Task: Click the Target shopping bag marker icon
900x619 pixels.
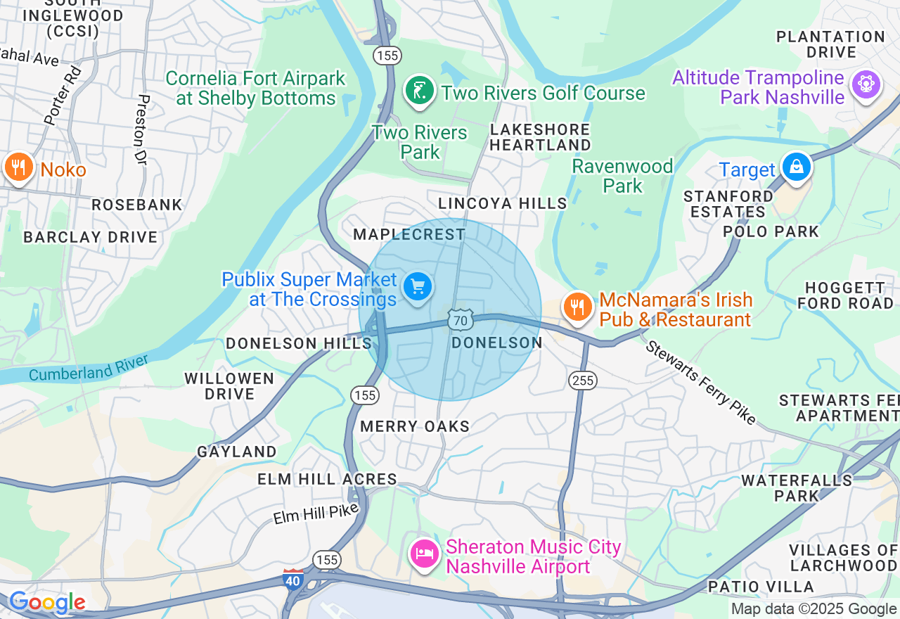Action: coord(796,167)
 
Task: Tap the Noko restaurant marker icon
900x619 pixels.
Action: coord(18,168)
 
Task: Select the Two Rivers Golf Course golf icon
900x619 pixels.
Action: coord(420,91)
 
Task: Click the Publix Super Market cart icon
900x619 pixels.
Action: coord(418,287)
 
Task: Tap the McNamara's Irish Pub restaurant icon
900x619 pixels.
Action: coord(577,307)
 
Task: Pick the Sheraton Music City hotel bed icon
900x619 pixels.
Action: coord(425,554)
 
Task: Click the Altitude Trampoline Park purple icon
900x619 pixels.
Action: coord(866,84)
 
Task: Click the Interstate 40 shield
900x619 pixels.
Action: coord(293,579)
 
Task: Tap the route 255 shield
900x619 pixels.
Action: coord(584,381)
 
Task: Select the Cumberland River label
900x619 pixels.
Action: coord(89,368)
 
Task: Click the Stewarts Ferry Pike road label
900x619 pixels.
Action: coord(700,383)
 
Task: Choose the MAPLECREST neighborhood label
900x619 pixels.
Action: coord(409,234)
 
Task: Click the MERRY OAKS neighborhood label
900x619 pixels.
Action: coord(415,426)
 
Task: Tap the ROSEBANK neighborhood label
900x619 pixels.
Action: coord(137,205)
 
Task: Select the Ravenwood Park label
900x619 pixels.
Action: coord(622,176)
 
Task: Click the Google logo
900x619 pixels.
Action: coord(46,603)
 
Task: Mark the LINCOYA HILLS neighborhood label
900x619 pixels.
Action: coord(502,203)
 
